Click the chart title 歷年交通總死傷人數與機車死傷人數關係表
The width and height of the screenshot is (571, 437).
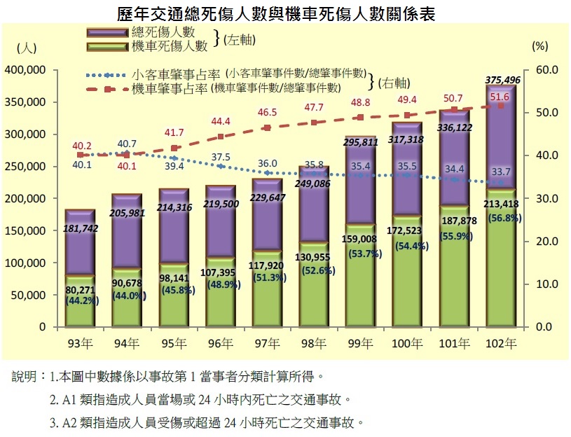tap(285, 13)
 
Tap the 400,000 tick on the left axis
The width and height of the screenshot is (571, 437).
tap(26, 70)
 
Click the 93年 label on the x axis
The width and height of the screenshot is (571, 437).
tap(79, 344)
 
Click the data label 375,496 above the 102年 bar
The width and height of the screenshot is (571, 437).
tap(502, 80)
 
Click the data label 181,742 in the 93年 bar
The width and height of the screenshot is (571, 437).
tap(81, 228)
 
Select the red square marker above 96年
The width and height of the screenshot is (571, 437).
tap(221, 137)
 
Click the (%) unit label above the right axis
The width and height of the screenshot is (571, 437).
tap(539, 47)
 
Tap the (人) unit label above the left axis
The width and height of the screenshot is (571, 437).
tap(25, 47)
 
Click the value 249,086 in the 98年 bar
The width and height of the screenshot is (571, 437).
tap(314, 184)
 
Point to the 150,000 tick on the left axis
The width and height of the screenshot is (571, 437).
tap(26, 230)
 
